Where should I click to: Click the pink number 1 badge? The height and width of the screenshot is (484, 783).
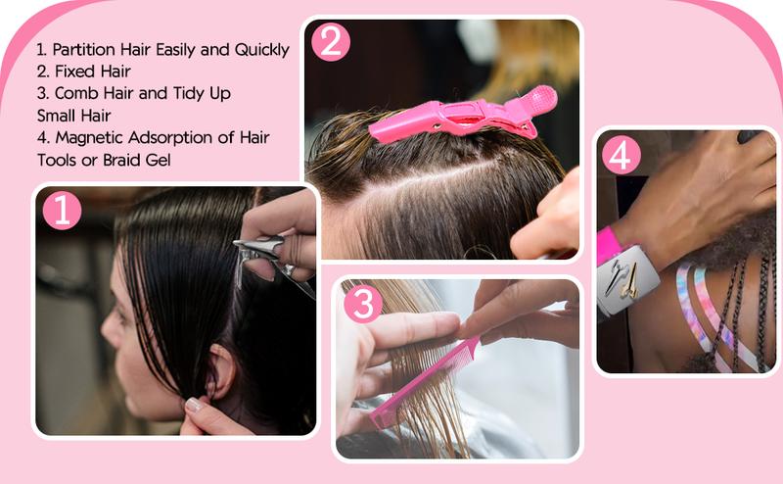click(x=62, y=211)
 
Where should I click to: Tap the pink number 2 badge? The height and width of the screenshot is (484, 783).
click(x=330, y=42)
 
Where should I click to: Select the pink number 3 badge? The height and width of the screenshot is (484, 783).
click(x=362, y=305)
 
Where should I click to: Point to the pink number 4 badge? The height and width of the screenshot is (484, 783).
click(x=622, y=155)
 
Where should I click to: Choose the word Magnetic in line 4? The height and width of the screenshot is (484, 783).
click(x=88, y=137)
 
